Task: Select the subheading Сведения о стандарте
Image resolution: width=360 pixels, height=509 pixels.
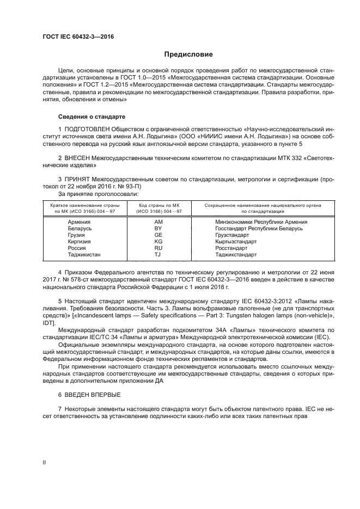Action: pyautogui.click(x=91, y=117)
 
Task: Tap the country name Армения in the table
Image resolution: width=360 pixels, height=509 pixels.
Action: pyautogui.click(x=80, y=222)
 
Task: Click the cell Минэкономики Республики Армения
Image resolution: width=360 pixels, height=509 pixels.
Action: pyautogui.click(x=261, y=222)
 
